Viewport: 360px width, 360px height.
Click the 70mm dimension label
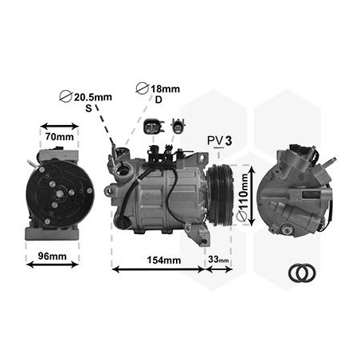click(59, 137)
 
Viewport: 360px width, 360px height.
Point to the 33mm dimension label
click(217, 260)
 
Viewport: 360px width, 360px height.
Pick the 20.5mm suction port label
click(92, 97)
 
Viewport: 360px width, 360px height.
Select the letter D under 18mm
click(158, 100)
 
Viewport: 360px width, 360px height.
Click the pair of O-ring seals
click(302, 273)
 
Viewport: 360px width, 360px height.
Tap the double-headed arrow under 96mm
click(53, 265)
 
